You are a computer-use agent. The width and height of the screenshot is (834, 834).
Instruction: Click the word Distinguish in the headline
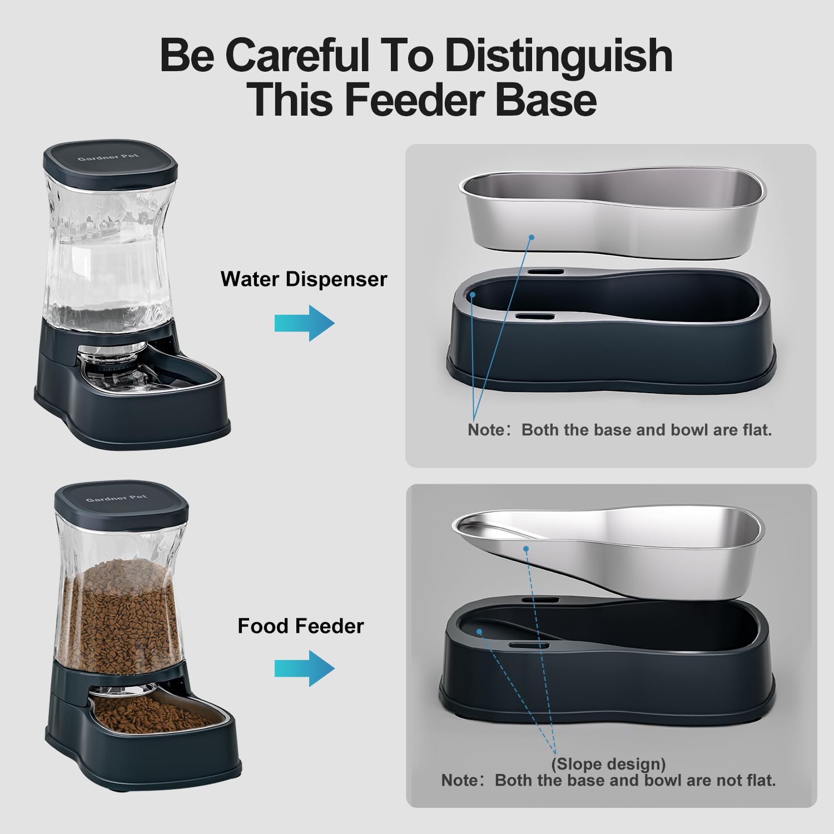pos(558,56)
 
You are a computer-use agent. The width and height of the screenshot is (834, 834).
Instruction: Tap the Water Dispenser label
pos(304,279)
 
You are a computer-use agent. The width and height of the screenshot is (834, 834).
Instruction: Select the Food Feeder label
pos(300,626)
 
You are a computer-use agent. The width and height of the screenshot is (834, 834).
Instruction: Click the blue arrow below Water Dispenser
pos(305,323)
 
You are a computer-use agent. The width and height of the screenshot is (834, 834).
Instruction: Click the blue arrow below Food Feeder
pos(305,668)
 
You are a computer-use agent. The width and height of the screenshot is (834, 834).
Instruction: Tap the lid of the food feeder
pos(121,504)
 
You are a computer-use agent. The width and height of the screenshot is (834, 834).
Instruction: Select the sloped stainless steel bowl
pos(609,556)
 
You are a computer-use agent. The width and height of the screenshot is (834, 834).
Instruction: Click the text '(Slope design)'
pos(608,764)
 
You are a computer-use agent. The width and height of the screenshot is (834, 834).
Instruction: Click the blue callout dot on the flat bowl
pos(532,237)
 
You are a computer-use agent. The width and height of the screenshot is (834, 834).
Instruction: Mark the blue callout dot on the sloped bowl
pos(525,549)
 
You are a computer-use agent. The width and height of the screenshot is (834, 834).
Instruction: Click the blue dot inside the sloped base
pos(479,632)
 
